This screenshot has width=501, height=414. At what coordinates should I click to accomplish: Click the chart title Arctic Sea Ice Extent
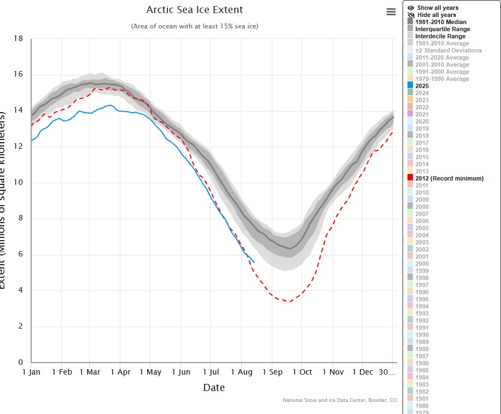point(195,10)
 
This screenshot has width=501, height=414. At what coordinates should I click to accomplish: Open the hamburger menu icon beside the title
point(391,12)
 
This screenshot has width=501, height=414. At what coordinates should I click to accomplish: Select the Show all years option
point(437,8)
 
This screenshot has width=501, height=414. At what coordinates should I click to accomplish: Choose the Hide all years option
point(436,15)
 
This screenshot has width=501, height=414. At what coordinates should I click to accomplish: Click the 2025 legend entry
point(422,86)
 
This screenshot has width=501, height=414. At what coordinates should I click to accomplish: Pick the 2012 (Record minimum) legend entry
point(449,178)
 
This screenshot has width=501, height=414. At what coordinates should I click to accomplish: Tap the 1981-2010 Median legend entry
point(441,22)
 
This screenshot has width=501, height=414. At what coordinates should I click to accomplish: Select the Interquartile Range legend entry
point(442,29)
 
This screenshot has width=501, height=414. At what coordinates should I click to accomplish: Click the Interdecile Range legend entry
point(440,36)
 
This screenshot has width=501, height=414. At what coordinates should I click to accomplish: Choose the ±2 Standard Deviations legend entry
point(448,50)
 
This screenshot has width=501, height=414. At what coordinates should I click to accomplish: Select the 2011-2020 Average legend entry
point(442,57)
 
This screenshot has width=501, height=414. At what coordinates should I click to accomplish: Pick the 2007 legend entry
point(422,214)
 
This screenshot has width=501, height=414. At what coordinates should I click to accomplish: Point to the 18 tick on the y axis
point(18,39)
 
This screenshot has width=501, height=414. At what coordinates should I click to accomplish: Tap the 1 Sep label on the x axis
point(272,372)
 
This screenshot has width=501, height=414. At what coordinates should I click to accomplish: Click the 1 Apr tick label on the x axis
point(120,372)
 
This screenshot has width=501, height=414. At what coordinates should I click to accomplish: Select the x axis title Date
point(213,388)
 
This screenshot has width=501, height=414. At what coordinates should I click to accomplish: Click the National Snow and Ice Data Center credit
point(340,400)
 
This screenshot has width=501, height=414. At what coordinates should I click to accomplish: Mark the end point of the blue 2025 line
point(254,263)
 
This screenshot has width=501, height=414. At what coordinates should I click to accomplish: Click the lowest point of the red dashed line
point(290,301)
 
